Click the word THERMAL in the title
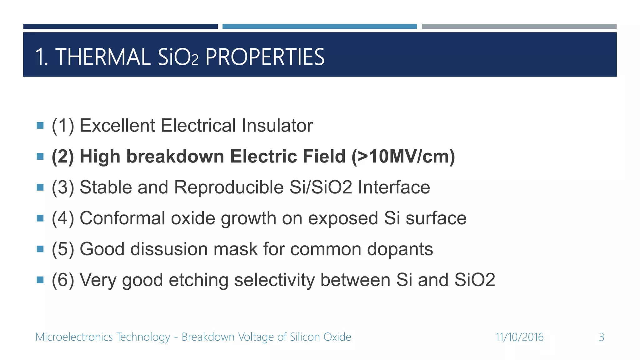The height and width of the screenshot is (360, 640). coord(103,57)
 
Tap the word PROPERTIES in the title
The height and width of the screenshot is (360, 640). coord(265,57)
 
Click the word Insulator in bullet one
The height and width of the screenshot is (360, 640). coord(277,126)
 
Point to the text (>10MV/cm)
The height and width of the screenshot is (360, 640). coord(403,156)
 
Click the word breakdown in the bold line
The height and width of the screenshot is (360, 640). coord(175,156)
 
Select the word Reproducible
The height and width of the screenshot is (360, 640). coord(229,187)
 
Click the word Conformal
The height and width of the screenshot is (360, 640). coord(122,218)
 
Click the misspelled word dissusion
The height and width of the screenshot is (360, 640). coord(169,249)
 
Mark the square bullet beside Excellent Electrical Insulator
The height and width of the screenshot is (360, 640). coord(40,126)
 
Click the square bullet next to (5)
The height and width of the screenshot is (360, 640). coord(40,249)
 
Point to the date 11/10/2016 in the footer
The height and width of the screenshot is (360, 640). coord(519,337)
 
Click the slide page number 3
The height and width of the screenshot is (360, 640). coord(601,337)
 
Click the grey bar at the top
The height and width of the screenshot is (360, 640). coord(519,27)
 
